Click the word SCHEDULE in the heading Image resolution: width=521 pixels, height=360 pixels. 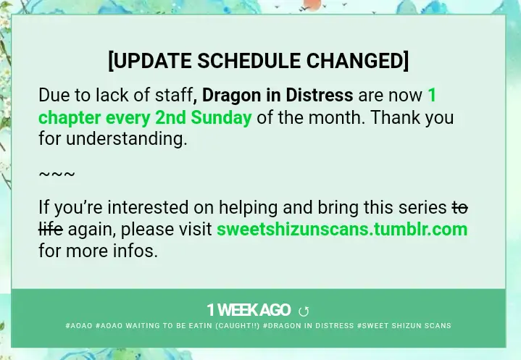tap(249, 61)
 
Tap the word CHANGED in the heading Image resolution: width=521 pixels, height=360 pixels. tap(355, 61)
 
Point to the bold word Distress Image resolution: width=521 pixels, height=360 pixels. tap(320, 95)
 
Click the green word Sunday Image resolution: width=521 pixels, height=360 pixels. tap(221, 118)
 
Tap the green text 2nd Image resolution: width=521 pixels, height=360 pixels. tap(170, 117)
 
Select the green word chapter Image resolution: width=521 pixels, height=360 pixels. tap(70, 119)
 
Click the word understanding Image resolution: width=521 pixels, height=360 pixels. tap(127, 139)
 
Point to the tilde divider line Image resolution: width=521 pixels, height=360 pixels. tap(57, 174)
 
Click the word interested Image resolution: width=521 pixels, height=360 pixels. tap(148, 207)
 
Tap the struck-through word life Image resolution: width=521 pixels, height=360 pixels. tap(51, 229)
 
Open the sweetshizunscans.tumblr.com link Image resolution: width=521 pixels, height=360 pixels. tap(342, 229)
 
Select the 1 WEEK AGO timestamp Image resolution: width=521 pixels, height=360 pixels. tap(249, 310)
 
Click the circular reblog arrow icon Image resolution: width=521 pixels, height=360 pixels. tap(304, 311)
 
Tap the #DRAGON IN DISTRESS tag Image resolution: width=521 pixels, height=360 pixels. tap(309, 325)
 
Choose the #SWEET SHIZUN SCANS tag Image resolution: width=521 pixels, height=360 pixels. tap(404, 325)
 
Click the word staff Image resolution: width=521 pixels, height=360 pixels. tap(174, 96)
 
